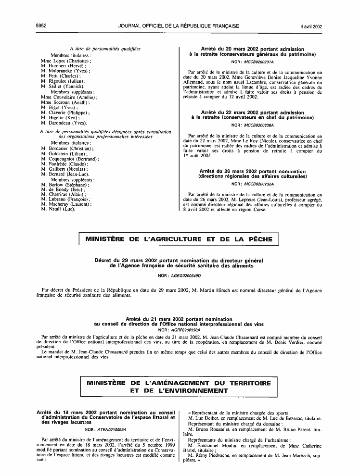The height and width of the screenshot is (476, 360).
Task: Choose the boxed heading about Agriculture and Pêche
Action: (x=179, y=239)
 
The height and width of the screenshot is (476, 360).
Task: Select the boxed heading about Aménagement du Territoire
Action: (x=179, y=387)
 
